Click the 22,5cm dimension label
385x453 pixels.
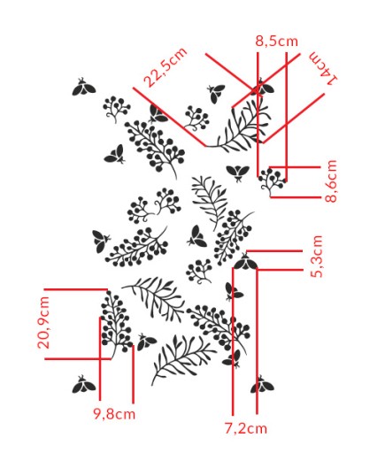pos(166,67)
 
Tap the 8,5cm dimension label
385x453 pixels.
pos(276,41)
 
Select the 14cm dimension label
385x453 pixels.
pos(323,68)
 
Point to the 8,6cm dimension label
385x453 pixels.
pos(331,180)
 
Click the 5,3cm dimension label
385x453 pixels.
pos(317,257)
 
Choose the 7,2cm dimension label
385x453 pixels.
pos(246,428)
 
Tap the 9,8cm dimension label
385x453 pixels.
pos(114,414)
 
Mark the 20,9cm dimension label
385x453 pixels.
pos(44,323)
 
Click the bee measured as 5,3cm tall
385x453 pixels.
pos(245,262)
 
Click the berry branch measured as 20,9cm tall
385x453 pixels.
pos(116,324)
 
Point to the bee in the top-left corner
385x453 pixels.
pos(84,87)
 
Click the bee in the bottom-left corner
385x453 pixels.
pos(84,384)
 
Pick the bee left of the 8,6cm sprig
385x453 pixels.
pos(238,173)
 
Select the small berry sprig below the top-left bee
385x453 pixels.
pos(117,109)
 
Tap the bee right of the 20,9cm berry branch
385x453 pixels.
pos(146,342)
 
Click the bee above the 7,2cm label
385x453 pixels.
pos(262,385)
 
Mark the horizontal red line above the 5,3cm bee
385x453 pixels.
pos(274,251)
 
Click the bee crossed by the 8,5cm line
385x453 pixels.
pos(262,87)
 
